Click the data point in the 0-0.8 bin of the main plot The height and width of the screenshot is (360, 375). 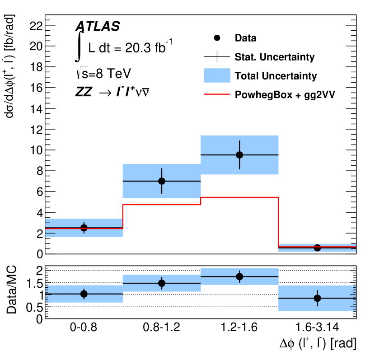(x=84, y=228)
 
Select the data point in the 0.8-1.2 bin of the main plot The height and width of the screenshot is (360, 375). (x=162, y=181)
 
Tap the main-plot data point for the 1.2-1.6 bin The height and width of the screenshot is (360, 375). (x=239, y=155)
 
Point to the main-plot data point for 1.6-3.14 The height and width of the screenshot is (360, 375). (x=317, y=248)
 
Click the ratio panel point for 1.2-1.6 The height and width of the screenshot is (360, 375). (x=239, y=276)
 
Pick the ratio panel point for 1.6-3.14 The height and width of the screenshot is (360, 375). (x=317, y=298)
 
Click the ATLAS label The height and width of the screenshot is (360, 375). (x=98, y=27)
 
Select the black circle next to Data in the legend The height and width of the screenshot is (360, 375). (x=217, y=38)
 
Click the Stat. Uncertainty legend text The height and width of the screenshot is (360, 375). (x=275, y=57)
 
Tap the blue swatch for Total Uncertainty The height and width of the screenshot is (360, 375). (x=217, y=75)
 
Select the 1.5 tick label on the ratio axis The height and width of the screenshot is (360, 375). (x=33, y=283)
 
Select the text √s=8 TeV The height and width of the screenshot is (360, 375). (x=103, y=74)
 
